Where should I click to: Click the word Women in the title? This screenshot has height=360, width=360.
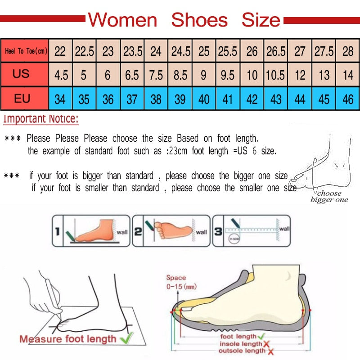(x=122, y=20)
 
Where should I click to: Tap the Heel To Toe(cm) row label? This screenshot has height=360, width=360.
(x=26, y=51)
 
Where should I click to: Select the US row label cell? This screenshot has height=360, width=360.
(x=21, y=74)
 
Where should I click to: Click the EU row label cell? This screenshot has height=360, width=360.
(x=22, y=98)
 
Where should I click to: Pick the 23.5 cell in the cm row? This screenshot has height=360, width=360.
(x=132, y=51)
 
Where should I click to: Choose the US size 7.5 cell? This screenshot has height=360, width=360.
(x=156, y=75)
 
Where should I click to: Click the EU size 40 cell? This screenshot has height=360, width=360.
(x=204, y=99)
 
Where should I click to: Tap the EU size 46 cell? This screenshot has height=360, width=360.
(x=347, y=99)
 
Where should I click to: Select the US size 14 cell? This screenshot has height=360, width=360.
(x=347, y=75)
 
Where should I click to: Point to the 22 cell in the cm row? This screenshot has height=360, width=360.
(x=60, y=51)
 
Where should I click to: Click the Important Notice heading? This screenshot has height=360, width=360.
(x=41, y=119)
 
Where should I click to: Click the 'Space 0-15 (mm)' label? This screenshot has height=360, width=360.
(x=180, y=282)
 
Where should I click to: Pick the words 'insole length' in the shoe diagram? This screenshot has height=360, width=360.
(x=241, y=344)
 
